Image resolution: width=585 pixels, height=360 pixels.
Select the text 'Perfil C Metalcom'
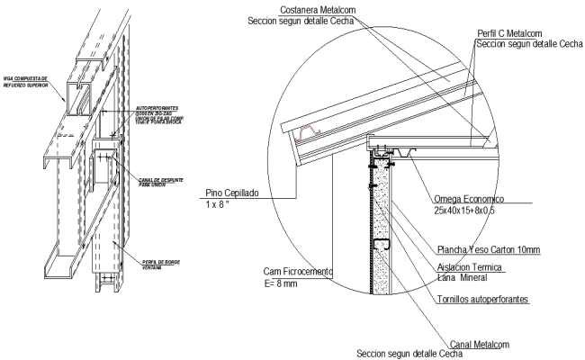[514, 32]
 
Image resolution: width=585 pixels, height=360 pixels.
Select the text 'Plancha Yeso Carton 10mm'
[481, 250]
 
